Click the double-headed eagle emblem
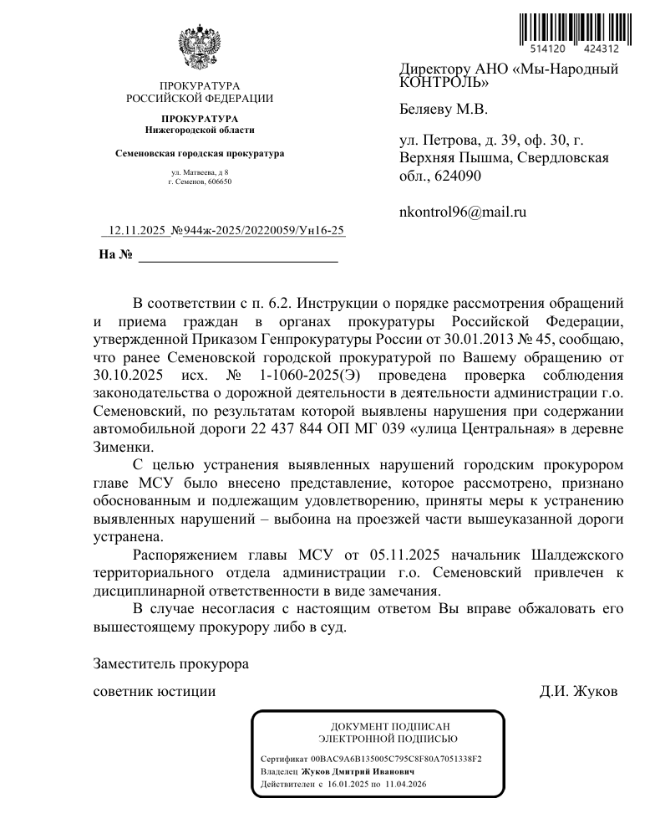click(199, 49)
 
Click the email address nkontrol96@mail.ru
click(463, 212)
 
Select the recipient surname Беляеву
click(427, 109)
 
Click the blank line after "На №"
click(237, 255)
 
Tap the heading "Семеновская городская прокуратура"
click(199, 154)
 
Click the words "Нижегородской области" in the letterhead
click(199, 130)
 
